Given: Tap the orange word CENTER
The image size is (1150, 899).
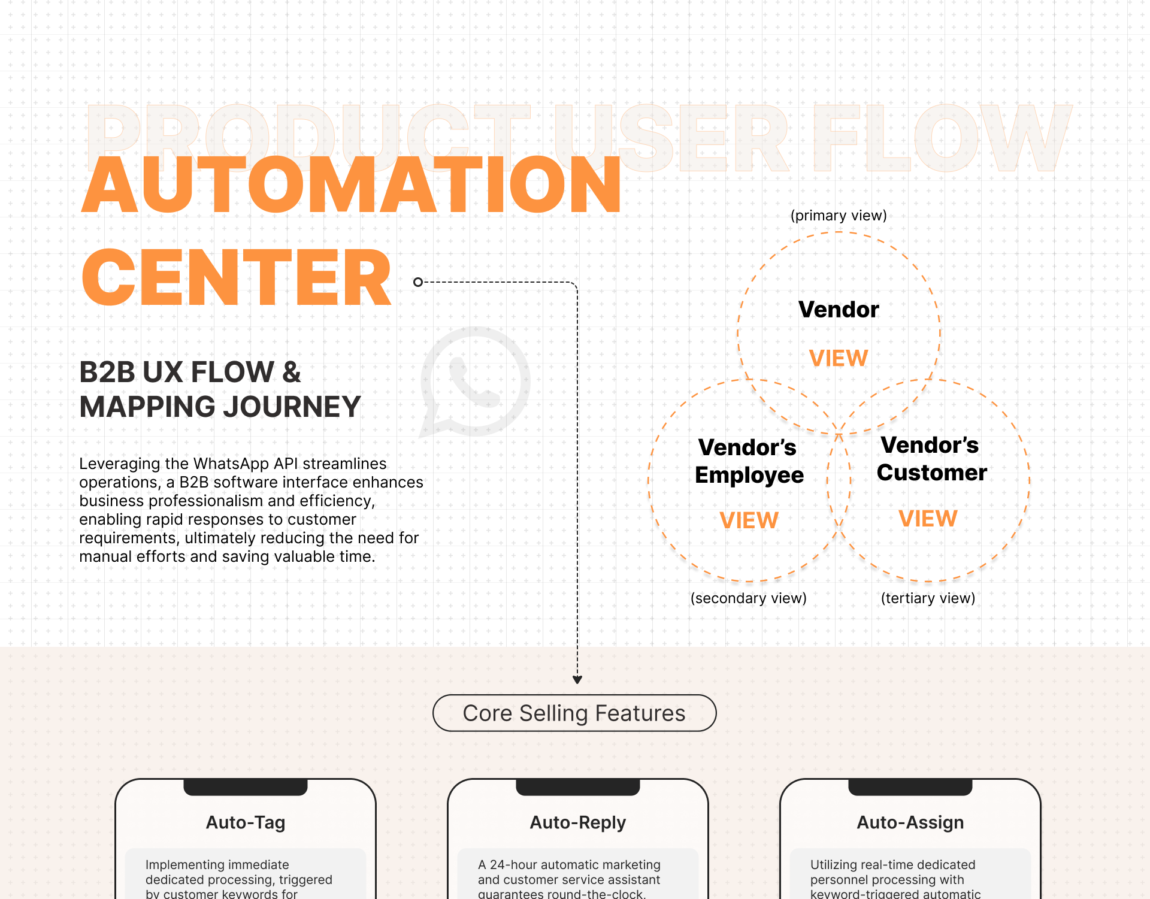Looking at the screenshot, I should click(237, 278).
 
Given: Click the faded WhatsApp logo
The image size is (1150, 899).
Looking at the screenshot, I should click(476, 382).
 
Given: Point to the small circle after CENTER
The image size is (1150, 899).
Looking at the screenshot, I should click(418, 282).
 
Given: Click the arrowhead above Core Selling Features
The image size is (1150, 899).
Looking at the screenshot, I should click(577, 680).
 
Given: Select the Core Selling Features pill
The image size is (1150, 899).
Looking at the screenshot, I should click(574, 713).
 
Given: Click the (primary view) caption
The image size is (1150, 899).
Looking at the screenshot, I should click(839, 216).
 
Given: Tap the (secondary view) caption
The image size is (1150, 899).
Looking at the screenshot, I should click(748, 598).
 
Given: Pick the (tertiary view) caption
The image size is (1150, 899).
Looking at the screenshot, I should click(928, 598).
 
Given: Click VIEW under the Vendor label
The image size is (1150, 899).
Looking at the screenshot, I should click(839, 358).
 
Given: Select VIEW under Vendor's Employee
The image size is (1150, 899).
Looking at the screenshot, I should click(749, 520).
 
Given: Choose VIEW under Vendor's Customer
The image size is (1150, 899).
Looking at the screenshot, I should click(928, 519).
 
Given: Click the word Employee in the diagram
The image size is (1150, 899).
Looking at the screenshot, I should click(749, 475).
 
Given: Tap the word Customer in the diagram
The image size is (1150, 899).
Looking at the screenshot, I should click(931, 473).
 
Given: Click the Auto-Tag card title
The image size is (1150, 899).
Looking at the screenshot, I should click(246, 822).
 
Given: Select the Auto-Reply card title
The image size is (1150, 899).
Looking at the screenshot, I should click(578, 822).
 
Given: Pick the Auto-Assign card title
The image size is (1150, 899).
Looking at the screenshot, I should click(910, 822).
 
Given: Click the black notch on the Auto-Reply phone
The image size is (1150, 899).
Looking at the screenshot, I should click(578, 787).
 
